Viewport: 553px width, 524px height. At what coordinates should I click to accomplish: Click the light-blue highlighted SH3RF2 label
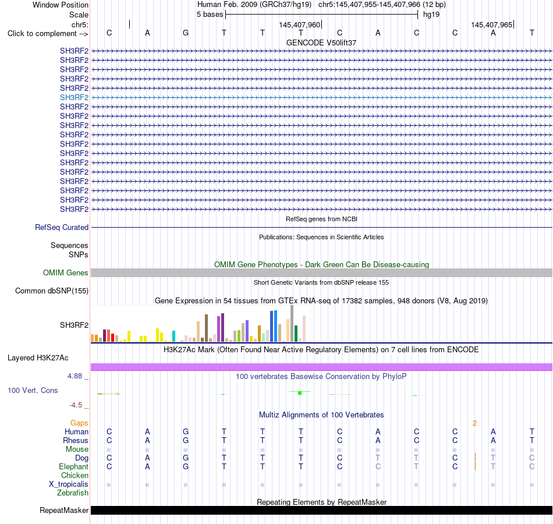tap(74, 97)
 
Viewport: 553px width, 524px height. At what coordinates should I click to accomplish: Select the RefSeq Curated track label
tap(62, 227)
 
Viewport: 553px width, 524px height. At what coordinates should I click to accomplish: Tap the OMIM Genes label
tap(66, 272)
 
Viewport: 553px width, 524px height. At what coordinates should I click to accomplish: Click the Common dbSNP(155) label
tap(52, 291)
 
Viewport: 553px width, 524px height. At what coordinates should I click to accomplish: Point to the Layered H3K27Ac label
tap(38, 358)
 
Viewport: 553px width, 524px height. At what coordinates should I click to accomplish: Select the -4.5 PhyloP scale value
tap(76, 405)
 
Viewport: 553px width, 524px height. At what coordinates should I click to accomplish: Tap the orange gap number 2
tap(474, 423)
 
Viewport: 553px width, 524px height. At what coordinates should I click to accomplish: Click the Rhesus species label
tap(76, 440)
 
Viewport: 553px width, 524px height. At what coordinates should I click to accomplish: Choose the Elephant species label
tap(74, 466)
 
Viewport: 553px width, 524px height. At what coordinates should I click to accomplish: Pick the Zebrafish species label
tap(73, 493)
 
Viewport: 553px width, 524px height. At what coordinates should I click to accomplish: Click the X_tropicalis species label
tap(69, 484)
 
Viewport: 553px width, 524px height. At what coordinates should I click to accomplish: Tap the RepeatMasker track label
tap(64, 510)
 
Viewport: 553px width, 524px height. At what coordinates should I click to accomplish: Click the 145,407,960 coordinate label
tap(299, 24)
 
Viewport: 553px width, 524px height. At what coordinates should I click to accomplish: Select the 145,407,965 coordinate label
tap(492, 24)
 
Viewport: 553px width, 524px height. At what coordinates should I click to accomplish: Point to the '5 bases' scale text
tap(210, 15)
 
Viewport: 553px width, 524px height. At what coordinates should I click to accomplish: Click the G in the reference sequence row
tap(186, 33)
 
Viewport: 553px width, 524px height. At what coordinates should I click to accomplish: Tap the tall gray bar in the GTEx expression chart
tap(292, 324)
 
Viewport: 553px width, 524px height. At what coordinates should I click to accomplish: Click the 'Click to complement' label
tap(48, 34)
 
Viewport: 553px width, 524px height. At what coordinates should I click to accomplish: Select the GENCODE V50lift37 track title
tap(321, 43)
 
